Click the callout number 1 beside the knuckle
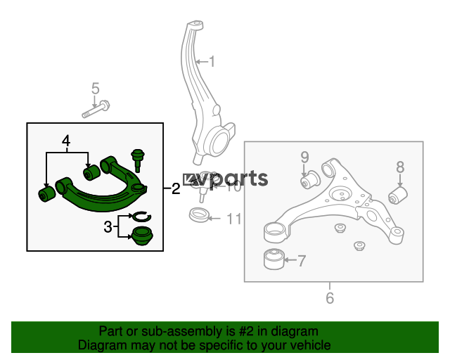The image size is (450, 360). point(212,62)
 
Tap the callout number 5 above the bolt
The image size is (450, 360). point(96,89)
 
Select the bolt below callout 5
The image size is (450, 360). point(96,109)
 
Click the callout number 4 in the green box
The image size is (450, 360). point(66,141)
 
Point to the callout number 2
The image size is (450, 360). point(176,188)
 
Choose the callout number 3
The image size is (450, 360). point(108,227)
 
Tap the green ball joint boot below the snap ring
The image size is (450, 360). point(142,236)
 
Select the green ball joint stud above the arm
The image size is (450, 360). point(138,160)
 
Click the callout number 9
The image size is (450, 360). point(304,157)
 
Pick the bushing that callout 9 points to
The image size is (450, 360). point(309,180)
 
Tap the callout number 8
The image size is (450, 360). point(400,167)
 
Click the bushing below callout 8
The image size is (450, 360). point(398,195)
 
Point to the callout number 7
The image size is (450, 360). point(302,261)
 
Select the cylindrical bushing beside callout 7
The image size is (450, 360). point(274,259)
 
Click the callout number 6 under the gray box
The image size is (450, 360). point(330,298)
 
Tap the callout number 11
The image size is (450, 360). point(234,219)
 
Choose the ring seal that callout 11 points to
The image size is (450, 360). point(200,214)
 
